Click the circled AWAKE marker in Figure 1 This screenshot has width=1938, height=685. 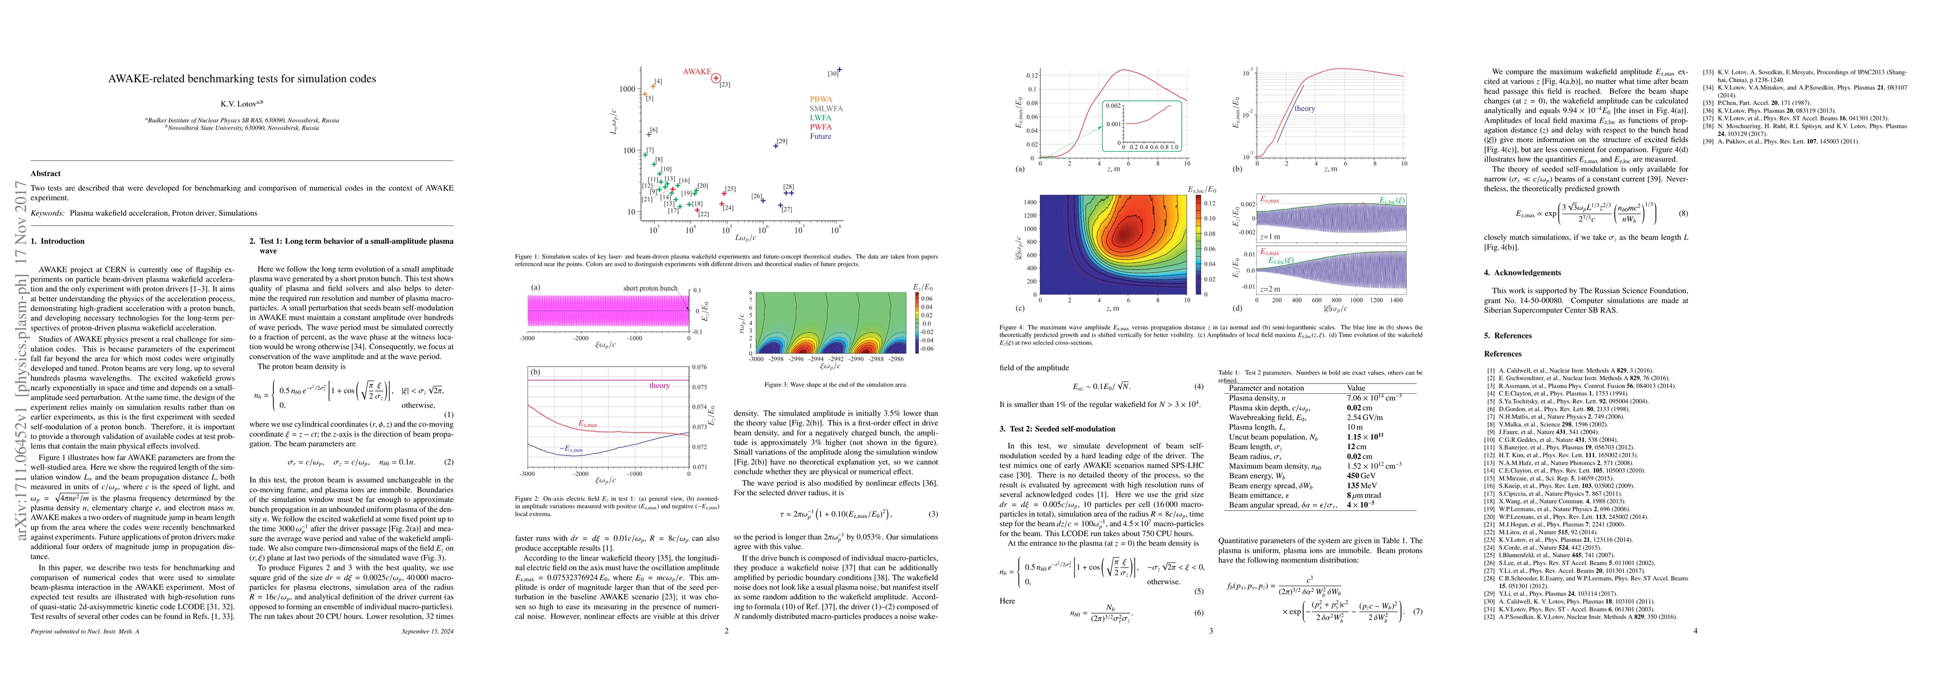tap(716, 78)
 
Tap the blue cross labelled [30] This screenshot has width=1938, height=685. tap(839, 70)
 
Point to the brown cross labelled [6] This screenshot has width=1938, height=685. tap(648, 134)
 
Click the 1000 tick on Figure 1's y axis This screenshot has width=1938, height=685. tap(627, 88)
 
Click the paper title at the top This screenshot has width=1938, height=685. tap(242, 79)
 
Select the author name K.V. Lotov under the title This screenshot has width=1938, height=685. tap(242, 104)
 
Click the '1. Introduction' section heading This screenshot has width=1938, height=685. tap(58, 241)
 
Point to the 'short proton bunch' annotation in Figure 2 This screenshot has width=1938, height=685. tap(650, 288)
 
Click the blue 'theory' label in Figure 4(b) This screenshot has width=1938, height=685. tap(1304, 109)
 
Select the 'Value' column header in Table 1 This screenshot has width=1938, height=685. tap(1356, 388)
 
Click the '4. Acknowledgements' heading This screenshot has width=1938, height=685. tap(1522, 272)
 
